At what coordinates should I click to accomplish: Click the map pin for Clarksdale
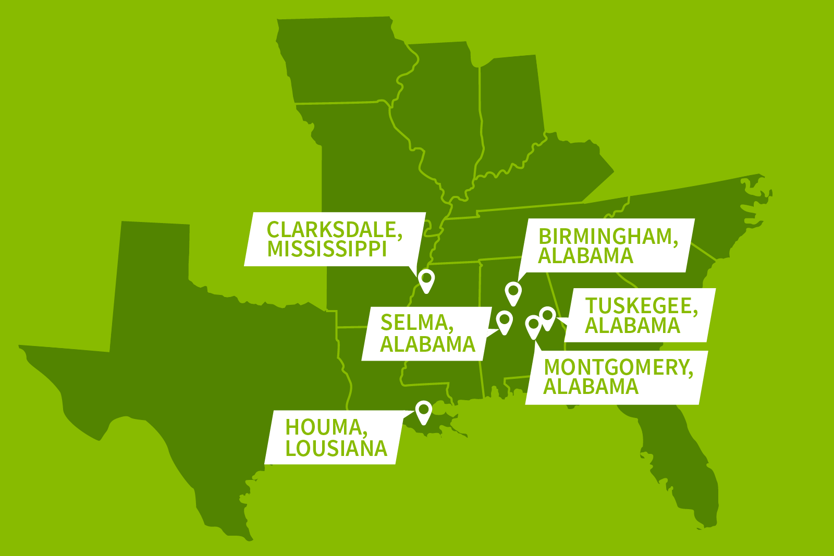426,280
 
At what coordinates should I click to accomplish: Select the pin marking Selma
505,321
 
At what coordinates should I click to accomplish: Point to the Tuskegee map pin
547,317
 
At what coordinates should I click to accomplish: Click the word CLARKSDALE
334,230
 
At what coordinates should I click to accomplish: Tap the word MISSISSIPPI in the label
327,249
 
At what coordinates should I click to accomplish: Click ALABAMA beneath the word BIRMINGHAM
586,256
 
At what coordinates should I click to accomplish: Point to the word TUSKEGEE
641,306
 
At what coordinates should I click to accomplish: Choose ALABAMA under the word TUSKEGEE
633,326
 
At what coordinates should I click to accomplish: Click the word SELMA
416,323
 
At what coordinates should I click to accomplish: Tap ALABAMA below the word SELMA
428,344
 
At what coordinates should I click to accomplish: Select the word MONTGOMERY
618,367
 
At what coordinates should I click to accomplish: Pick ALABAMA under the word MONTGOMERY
591,387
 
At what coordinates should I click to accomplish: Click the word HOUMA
326,427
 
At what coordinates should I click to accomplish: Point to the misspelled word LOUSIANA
336,449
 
